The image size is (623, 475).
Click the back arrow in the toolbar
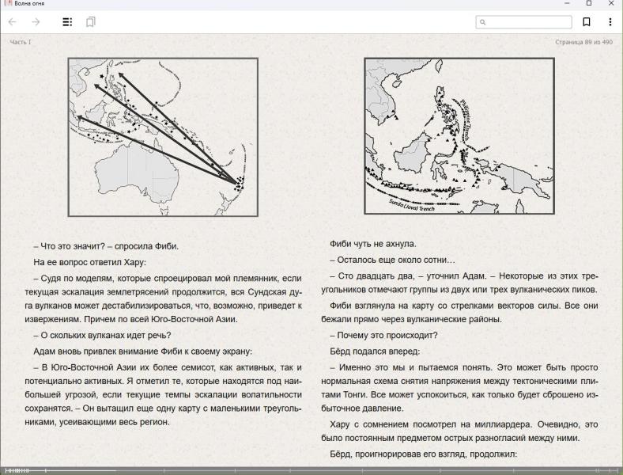click(x=12, y=22)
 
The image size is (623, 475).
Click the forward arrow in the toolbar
click(x=36, y=22)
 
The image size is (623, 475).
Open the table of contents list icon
click(x=67, y=22)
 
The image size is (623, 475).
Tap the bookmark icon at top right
click(x=587, y=22)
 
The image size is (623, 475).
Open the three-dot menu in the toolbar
click(x=610, y=22)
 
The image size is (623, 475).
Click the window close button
click(x=610, y=4)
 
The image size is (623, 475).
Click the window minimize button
click(x=566, y=4)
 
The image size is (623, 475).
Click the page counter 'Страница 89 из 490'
click(x=583, y=42)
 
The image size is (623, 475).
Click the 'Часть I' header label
click(x=21, y=42)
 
